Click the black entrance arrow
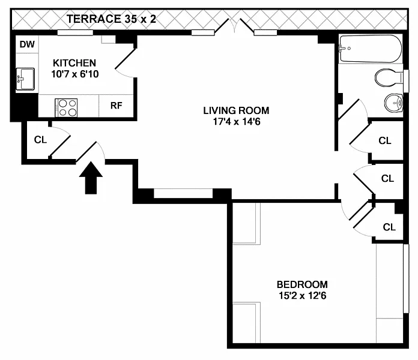tap(91, 178)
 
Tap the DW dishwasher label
tap(27, 44)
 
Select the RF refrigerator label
tap(117, 106)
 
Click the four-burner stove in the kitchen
tap(66, 107)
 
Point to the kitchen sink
tap(25, 79)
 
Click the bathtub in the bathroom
tap(371, 49)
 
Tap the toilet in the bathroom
tap(389, 78)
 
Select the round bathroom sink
tap(394, 103)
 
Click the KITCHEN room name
tap(74, 63)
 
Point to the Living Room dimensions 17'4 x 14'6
tap(237, 122)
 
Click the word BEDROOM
tap(302, 284)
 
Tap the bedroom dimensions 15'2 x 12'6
tap(303, 296)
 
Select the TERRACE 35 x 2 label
tap(111, 19)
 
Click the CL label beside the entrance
tap(40, 140)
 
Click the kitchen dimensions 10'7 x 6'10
tap(75, 74)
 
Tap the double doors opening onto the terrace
tap(234, 26)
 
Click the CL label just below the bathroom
tap(385, 140)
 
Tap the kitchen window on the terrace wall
tap(75, 33)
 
